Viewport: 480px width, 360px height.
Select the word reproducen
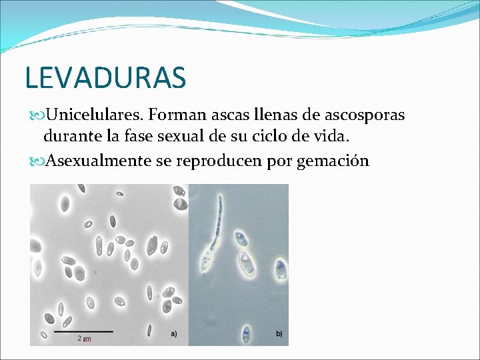[x=225, y=161]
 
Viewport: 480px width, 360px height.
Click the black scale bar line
[x=83, y=331]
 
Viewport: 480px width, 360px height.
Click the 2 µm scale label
[x=84, y=339]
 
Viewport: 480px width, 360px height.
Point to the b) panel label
[x=278, y=333]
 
